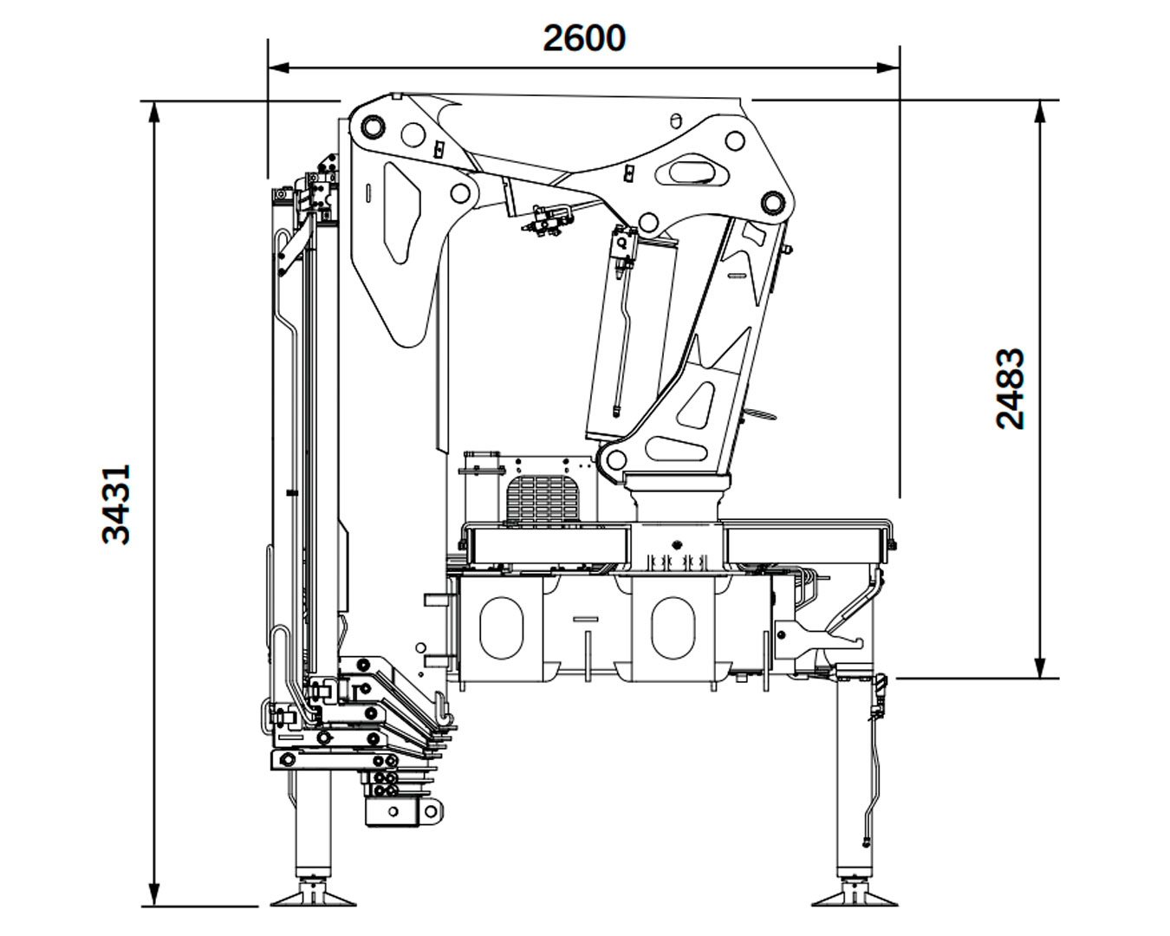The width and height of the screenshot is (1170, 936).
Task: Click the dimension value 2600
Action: click(584, 38)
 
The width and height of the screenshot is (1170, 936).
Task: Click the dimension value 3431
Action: click(116, 504)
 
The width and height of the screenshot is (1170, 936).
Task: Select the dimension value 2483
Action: click(1010, 389)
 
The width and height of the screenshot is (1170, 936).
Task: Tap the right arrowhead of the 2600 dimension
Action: click(888, 68)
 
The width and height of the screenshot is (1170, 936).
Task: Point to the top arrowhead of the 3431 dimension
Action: click(155, 112)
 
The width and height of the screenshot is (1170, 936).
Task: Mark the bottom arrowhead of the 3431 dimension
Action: click(155, 896)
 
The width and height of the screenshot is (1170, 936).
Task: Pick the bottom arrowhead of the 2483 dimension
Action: click(1040, 668)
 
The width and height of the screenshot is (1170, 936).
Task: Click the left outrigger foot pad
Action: click(313, 899)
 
